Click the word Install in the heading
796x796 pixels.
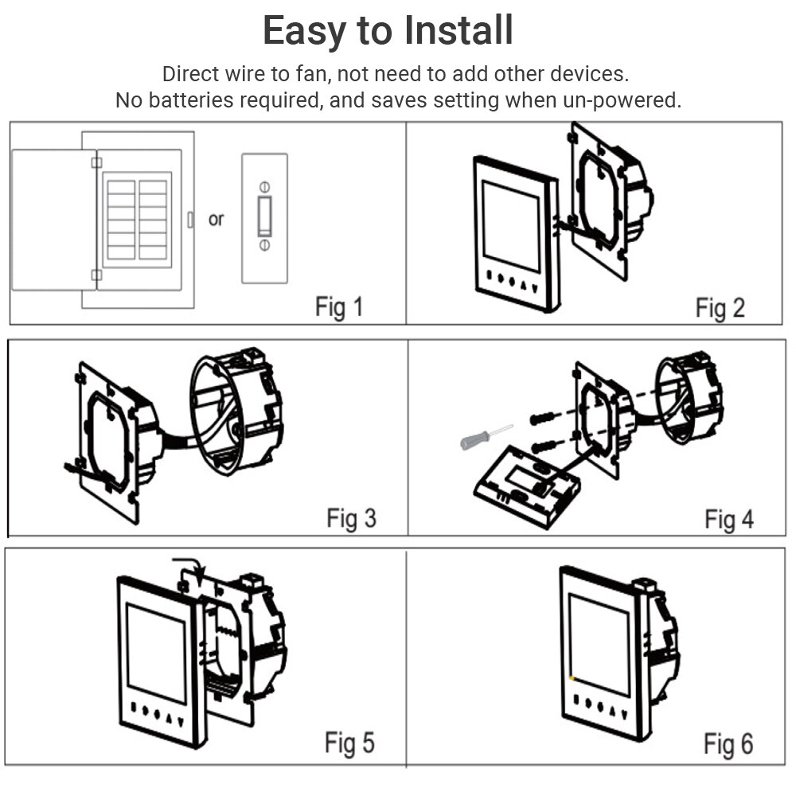[458, 31]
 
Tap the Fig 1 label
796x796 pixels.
[339, 306]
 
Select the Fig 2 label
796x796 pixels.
[720, 307]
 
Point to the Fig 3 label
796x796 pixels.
[351, 518]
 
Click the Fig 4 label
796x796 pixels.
[728, 519]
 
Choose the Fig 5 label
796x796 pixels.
[349, 743]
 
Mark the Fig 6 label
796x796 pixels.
[728, 743]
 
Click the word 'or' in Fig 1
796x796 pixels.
[216, 219]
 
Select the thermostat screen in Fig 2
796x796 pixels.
[510, 225]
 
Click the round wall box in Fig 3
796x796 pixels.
[236, 413]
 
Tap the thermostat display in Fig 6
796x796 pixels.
[598, 639]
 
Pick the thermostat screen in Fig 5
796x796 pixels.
[155, 650]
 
